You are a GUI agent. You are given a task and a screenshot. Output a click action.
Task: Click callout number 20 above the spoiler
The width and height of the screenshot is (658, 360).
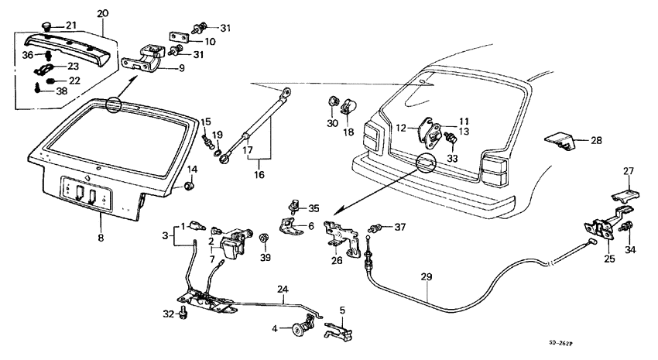(103, 13)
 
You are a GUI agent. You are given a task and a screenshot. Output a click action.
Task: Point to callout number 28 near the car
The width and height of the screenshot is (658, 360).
(595, 141)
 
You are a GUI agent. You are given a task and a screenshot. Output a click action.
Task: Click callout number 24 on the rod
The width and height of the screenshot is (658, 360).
(283, 290)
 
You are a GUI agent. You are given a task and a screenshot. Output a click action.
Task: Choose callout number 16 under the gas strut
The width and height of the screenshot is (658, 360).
(259, 175)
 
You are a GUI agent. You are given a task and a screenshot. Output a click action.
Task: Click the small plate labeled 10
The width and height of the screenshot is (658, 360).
(180, 37)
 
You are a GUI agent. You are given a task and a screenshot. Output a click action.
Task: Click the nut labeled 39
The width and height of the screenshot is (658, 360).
(265, 237)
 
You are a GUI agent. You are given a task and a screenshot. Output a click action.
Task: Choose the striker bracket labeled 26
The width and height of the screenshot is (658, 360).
(338, 234)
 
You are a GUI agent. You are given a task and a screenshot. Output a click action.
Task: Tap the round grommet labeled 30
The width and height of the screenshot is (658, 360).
(333, 102)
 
